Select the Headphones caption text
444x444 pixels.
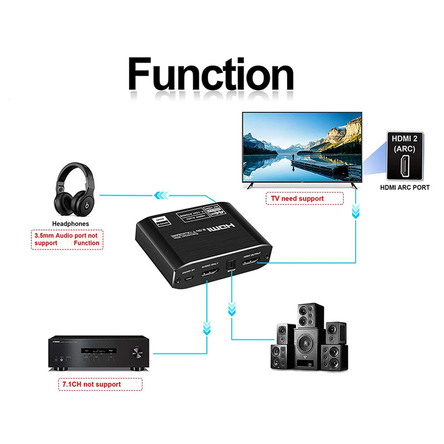point(71,224)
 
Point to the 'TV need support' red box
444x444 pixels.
point(305,198)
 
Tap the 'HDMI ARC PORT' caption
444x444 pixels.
point(404,187)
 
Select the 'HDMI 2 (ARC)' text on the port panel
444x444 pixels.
point(404,143)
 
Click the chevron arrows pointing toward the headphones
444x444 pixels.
point(161,194)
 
